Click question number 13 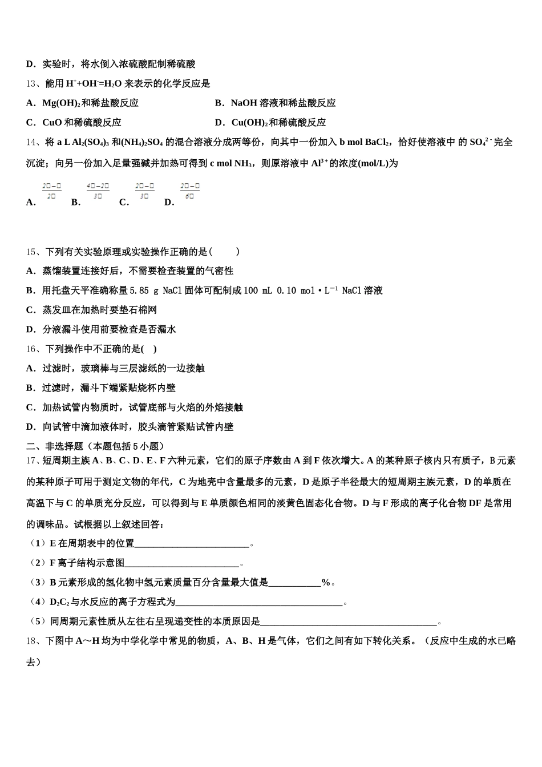[x=32, y=84]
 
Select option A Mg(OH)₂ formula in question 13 [x=61, y=103]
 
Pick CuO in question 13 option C [x=52, y=123]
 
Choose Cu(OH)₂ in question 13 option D [x=249, y=123]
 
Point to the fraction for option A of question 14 [x=51, y=191]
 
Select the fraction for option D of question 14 [x=189, y=191]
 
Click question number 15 [x=32, y=252]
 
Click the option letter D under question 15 [x=31, y=329]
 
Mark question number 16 [x=32, y=349]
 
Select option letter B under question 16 [x=31, y=388]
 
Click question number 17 [x=32, y=461]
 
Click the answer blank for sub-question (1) [x=192, y=544]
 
